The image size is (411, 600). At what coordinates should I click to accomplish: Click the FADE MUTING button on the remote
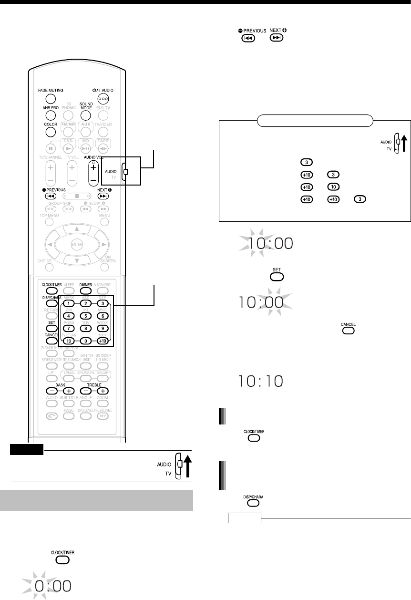(x=51, y=99)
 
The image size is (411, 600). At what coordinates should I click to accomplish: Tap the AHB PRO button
(x=51, y=115)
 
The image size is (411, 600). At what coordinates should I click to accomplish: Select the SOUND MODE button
(x=85, y=115)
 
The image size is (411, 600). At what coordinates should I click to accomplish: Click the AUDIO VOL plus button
(x=93, y=168)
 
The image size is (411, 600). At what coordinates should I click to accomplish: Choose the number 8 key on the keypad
(x=85, y=329)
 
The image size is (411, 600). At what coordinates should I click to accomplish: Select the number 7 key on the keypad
(x=69, y=329)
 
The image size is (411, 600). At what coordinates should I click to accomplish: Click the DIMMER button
(x=85, y=290)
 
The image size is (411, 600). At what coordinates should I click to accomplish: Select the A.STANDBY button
(x=102, y=290)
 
